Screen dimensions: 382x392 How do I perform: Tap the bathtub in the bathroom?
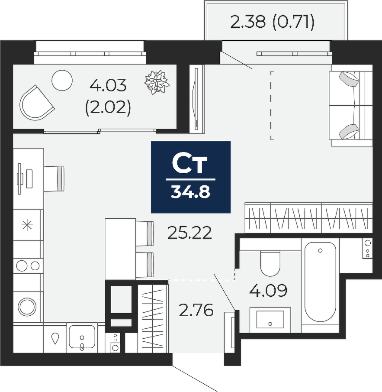pyautogui.click(x=320, y=282)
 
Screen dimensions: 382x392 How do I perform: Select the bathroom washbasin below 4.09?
pyautogui.click(x=270, y=320)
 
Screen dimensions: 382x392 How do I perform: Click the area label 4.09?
pyautogui.click(x=268, y=291)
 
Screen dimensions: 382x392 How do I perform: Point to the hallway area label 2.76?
pyautogui.click(x=196, y=310)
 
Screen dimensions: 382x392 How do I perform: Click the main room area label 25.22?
pyautogui.click(x=190, y=233)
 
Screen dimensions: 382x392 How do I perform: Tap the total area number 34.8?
pyautogui.click(x=190, y=192)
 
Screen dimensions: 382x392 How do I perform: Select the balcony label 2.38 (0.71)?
pyautogui.click(x=272, y=22)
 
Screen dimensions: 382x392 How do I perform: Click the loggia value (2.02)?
pyautogui.click(x=108, y=108)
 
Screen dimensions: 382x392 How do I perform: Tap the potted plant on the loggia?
pyautogui.click(x=157, y=82)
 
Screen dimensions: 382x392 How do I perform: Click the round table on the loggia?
pyautogui.click(x=62, y=80)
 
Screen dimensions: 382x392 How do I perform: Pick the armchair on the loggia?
pyautogui.click(x=36, y=103)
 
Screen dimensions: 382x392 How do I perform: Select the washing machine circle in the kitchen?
pyautogui.click(x=27, y=307)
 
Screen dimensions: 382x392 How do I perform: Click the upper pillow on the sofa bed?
pyautogui.click(x=349, y=79)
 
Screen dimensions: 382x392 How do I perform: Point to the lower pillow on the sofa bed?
pyautogui.click(x=349, y=132)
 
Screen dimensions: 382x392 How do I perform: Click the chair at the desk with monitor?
pyautogui.click(x=54, y=179)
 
